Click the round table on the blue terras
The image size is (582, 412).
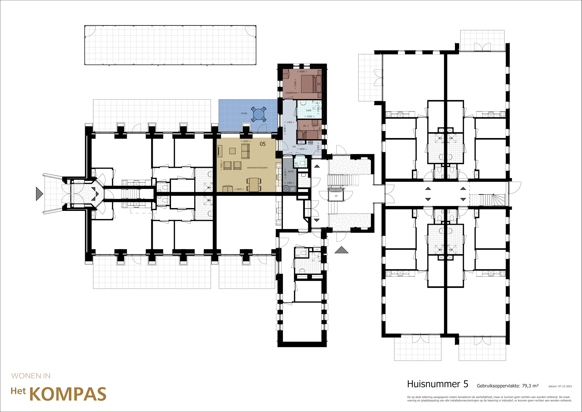click(x=258, y=114)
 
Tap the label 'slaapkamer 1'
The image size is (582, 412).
click(x=292, y=93)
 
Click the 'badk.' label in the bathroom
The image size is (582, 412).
click(x=309, y=110)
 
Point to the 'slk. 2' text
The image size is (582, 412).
click(x=306, y=126)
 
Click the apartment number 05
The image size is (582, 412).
click(x=263, y=144)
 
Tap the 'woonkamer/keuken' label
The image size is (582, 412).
click(x=257, y=167)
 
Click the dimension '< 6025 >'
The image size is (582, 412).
click(x=246, y=141)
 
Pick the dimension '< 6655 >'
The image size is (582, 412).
click(x=239, y=189)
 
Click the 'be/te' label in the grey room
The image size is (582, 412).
click(x=291, y=171)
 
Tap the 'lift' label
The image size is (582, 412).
click(x=336, y=196)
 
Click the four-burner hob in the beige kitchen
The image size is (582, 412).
click(x=278, y=166)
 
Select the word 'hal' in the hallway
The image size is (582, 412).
click(x=294, y=147)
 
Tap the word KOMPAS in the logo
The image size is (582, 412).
click(x=68, y=394)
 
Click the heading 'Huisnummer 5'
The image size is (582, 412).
click(x=437, y=384)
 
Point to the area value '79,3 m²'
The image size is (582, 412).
click(x=530, y=386)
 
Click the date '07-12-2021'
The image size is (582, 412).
click(x=565, y=386)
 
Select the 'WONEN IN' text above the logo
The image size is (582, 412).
click(x=31, y=376)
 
